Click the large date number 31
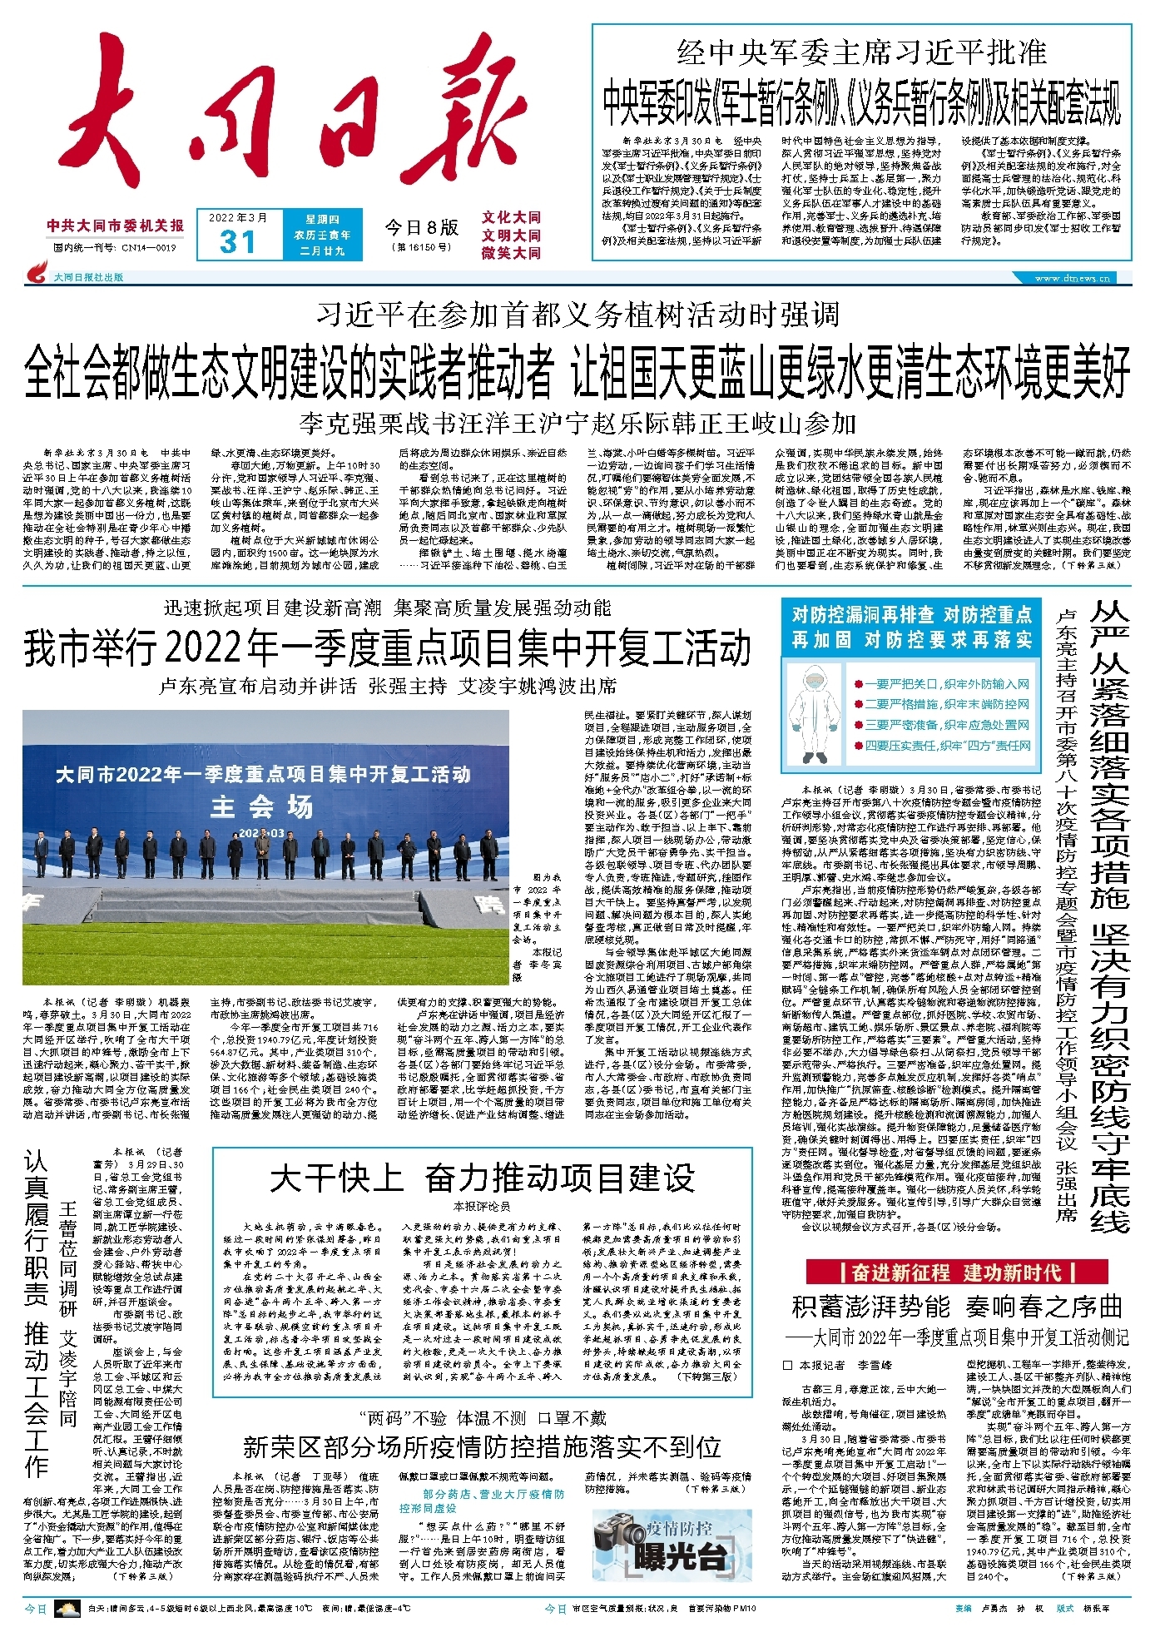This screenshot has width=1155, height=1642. pos(237,242)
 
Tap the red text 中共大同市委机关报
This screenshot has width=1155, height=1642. pos(115,226)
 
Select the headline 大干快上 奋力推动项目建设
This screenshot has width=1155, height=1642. pos(482,1178)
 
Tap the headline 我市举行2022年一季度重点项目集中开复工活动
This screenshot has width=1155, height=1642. pos(388,647)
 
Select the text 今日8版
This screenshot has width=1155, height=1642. pos(421,227)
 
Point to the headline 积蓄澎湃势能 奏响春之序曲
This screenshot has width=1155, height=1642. pos(957,1306)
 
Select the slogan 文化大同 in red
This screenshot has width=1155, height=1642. pos(511,217)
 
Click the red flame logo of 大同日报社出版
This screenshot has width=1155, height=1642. pos(37,271)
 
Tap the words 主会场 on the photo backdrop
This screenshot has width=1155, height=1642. pos(261,806)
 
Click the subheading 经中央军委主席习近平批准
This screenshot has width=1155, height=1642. pos(861,53)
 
